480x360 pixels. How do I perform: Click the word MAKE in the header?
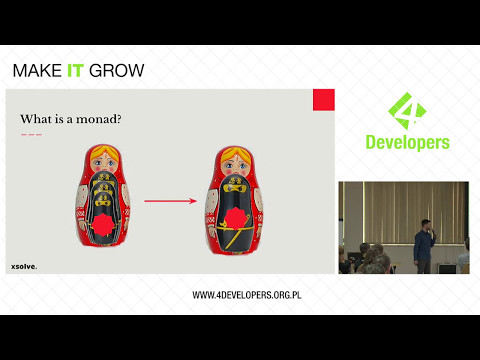coord(36,71)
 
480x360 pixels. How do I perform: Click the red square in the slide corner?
coord(323,99)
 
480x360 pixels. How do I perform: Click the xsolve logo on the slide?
coord(24,266)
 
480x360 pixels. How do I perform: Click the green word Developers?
coord(404,142)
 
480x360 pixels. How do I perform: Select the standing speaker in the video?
coord(423,245)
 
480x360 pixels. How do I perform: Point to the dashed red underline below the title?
coord(31,133)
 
